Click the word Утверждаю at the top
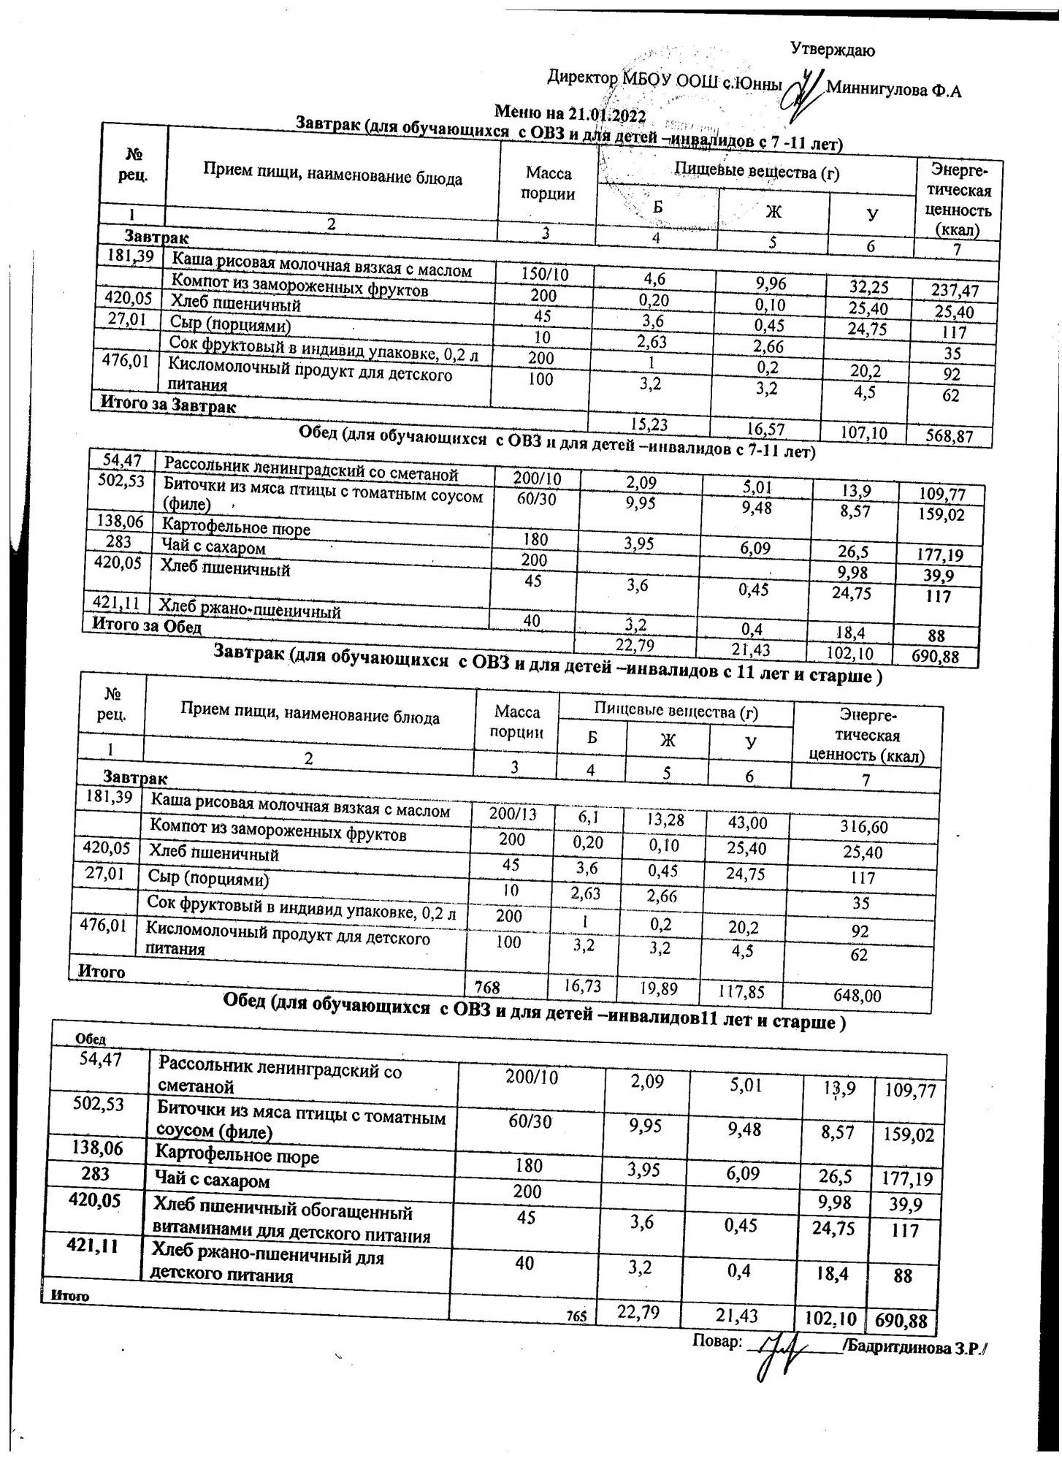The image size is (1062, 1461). (x=833, y=50)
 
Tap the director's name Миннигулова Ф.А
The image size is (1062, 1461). (x=893, y=91)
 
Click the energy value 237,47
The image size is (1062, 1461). (x=954, y=291)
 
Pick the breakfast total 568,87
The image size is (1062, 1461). (x=949, y=436)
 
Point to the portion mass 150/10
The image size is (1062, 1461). (x=544, y=274)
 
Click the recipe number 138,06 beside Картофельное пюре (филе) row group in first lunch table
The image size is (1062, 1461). (x=121, y=522)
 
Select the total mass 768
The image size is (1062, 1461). (x=487, y=988)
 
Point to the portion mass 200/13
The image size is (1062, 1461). (x=512, y=813)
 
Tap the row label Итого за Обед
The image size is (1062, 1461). (x=145, y=626)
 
